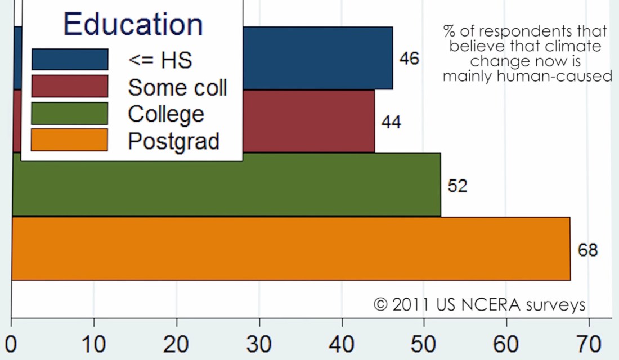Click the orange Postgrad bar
click(291, 248)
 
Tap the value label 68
click(587, 250)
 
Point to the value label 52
click(457, 186)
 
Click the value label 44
click(391, 122)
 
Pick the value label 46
click(409, 58)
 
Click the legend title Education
click(133, 24)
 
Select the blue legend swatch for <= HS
click(70, 59)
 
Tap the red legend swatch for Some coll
click(70, 86)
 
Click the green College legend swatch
click(70, 113)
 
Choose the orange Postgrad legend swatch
click(70, 139)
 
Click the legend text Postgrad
click(173, 141)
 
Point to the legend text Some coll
click(177, 87)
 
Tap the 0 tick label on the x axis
click(11, 343)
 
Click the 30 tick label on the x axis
click(259, 343)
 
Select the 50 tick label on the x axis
click(424, 343)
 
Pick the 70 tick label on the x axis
click(589, 343)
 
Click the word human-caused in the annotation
click(566, 76)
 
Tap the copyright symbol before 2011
click(381, 304)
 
